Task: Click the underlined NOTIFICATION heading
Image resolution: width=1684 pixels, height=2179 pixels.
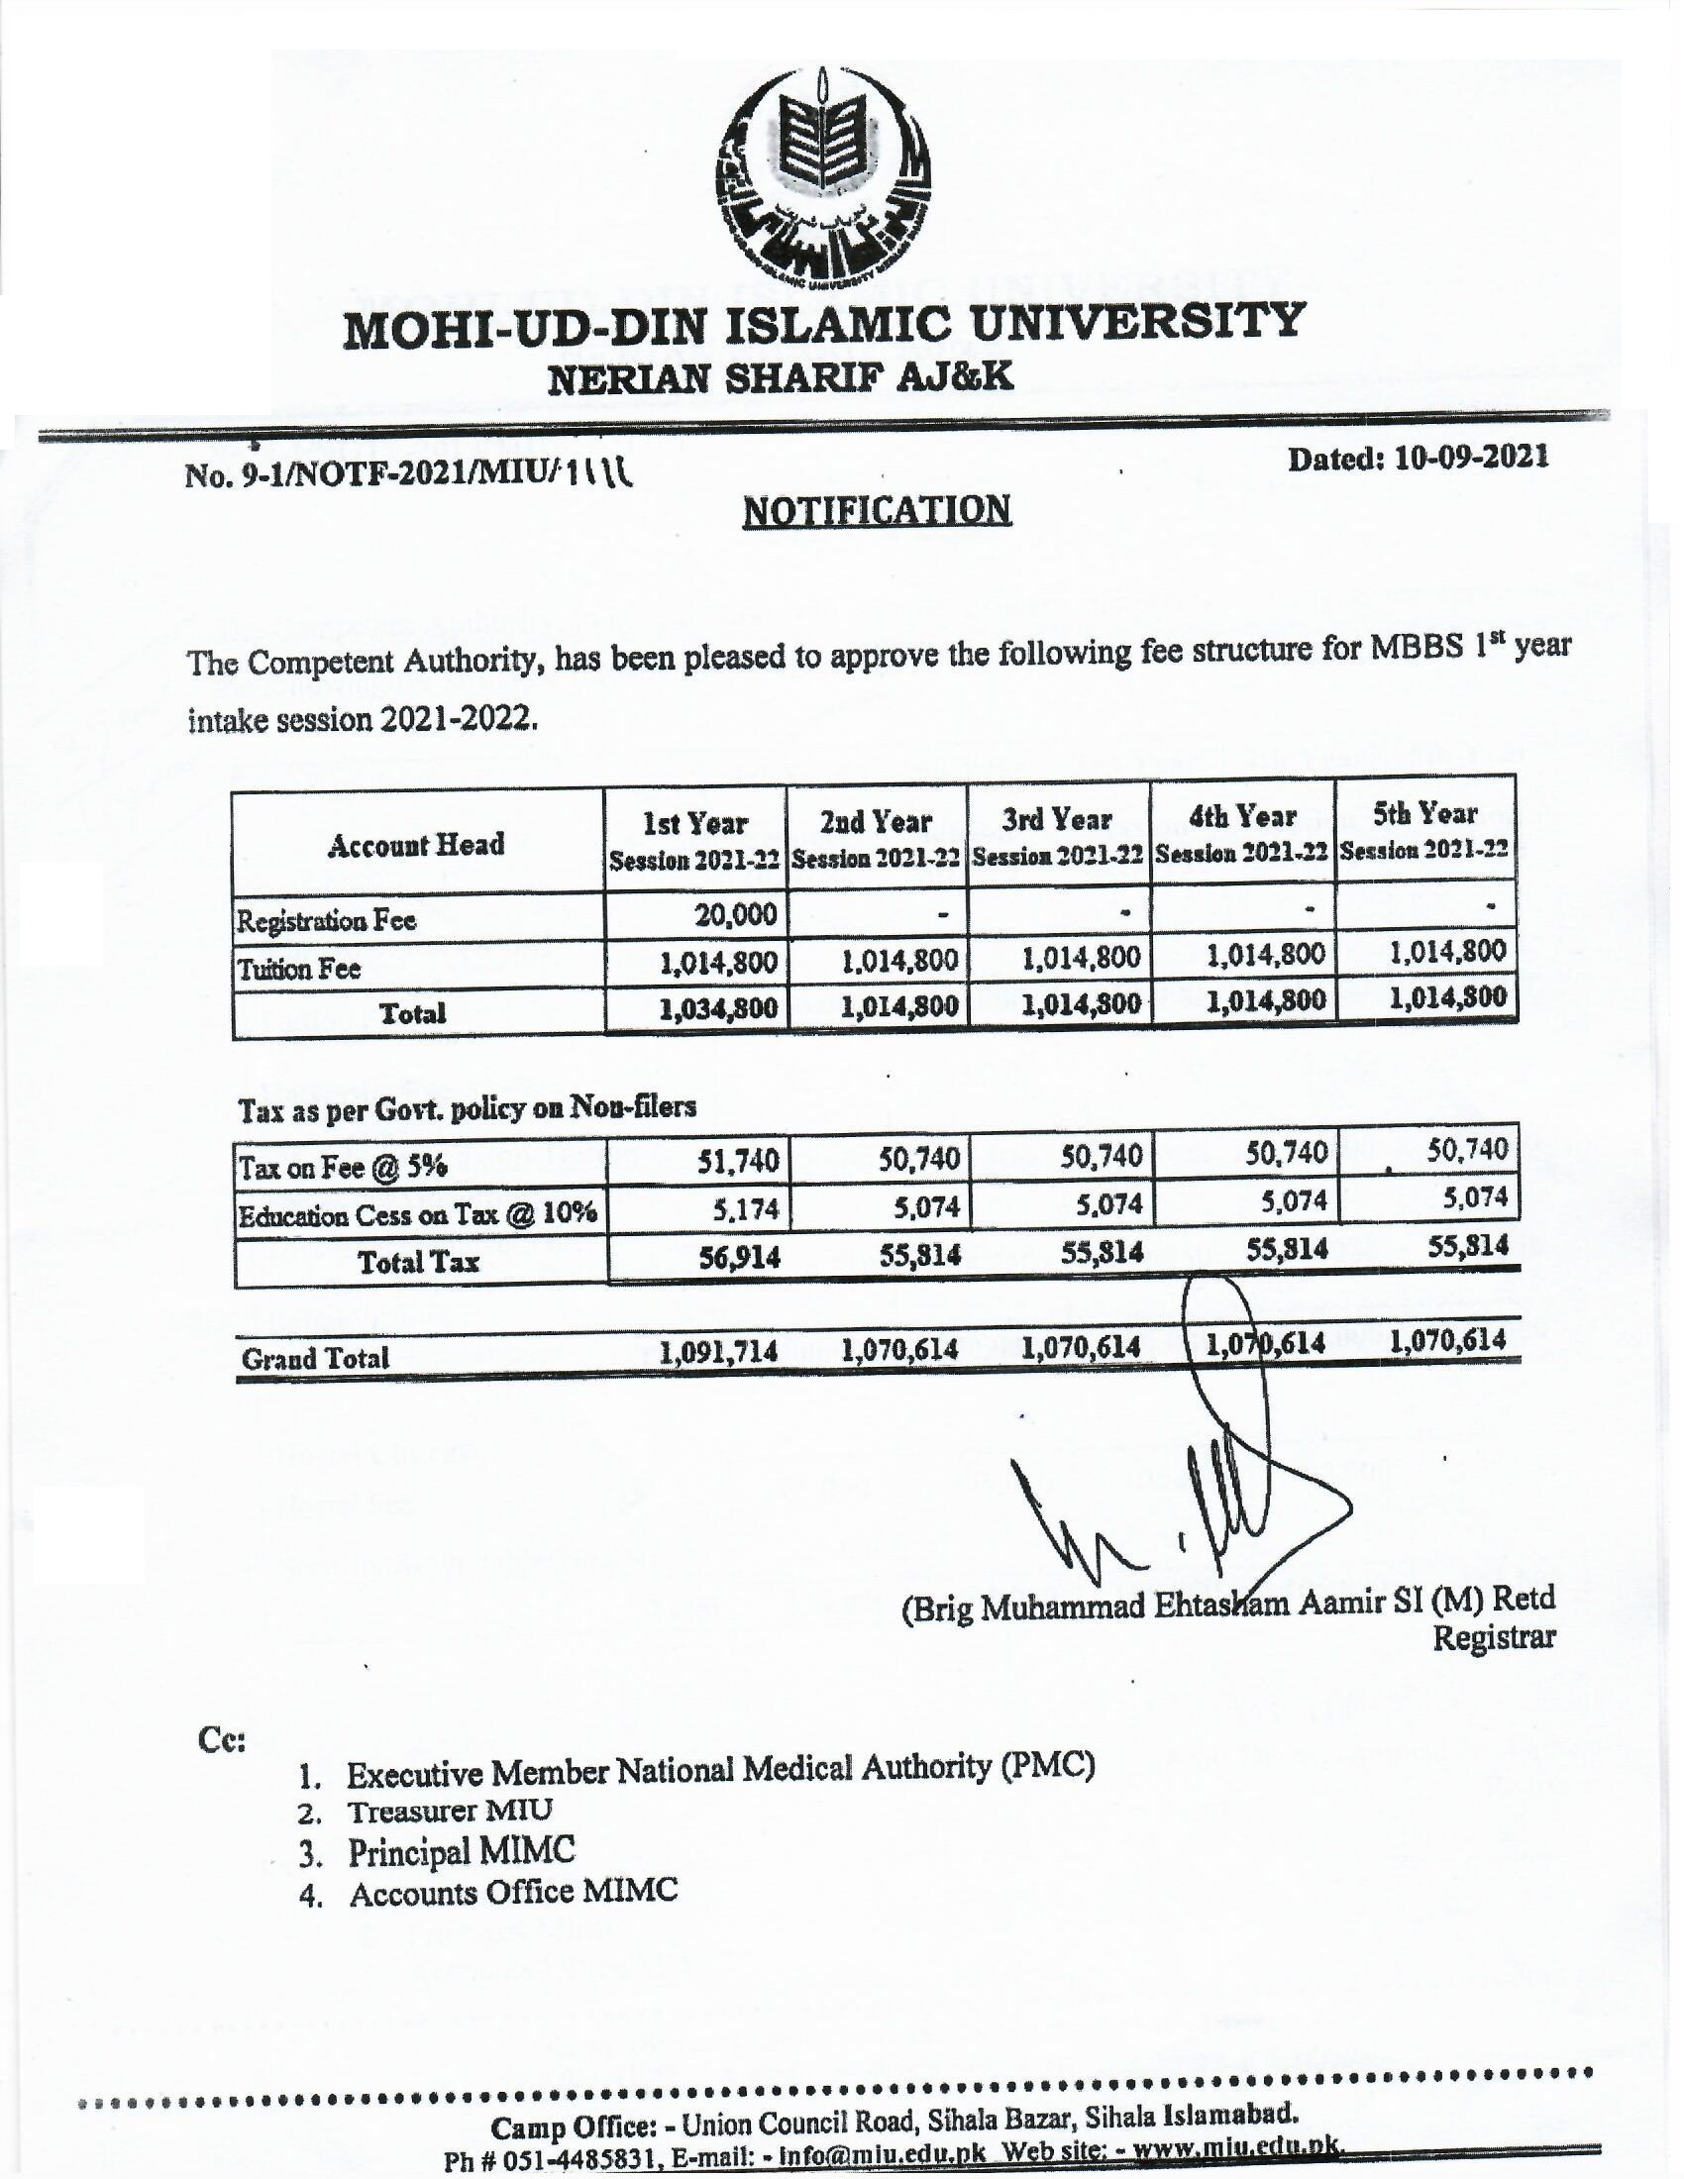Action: pos(877,510)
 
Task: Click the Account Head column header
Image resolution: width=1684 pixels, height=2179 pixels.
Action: pos(416,845)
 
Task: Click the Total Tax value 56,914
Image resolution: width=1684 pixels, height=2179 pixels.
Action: pos(738,1258)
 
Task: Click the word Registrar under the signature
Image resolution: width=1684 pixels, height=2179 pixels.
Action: pos(1494,1637)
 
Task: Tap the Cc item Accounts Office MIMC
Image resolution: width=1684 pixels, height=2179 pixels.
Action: pos(513,1892)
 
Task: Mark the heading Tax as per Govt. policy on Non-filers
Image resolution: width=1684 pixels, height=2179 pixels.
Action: pos(467,1107)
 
